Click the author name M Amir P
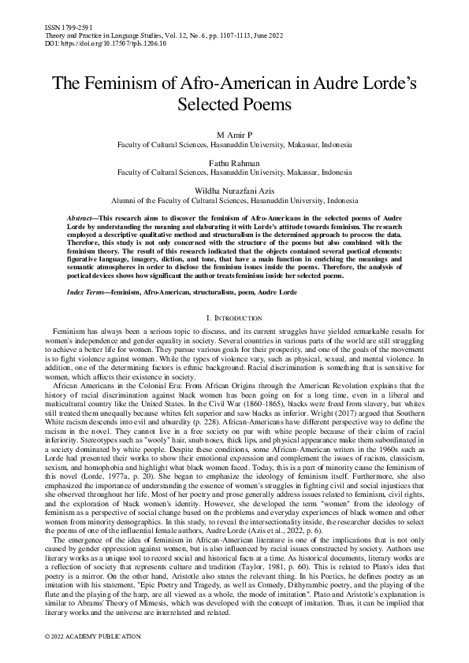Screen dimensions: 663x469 click(x=234, y=136)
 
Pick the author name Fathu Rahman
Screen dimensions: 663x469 click(x=234, y=163)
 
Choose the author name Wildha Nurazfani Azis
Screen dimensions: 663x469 click(x=234, y=190)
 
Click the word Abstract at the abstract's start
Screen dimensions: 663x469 click(x=80, y=216)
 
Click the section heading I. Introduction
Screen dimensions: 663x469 click(x=234, y=317)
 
